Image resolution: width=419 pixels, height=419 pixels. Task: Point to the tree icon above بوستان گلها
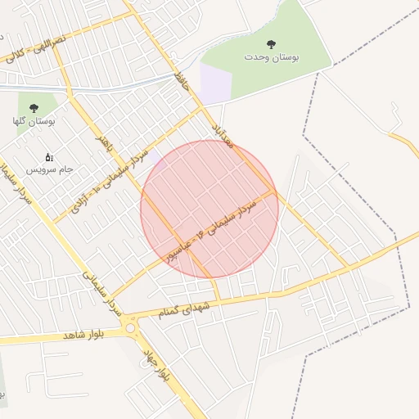coord(34,107)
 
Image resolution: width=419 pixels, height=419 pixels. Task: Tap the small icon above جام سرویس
coord(48,157)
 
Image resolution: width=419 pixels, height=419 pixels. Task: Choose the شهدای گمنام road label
coord(193,309)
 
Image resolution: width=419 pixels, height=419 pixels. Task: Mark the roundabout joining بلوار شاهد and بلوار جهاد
coord(130,329)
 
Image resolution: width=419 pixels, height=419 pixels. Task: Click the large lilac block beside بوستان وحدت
coord(214,83)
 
